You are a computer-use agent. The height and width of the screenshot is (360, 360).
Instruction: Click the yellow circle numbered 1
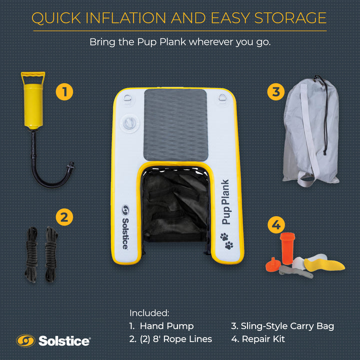(64, 92)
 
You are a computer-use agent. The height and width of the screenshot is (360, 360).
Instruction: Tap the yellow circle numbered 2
(64, 217)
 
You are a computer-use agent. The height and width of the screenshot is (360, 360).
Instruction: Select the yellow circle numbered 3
(275, 92)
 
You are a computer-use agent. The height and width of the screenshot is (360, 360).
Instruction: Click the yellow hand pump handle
(32, 78)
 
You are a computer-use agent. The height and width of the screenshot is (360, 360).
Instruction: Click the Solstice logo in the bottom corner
(53, 341)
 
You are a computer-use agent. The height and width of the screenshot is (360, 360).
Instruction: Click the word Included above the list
(149, 313)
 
